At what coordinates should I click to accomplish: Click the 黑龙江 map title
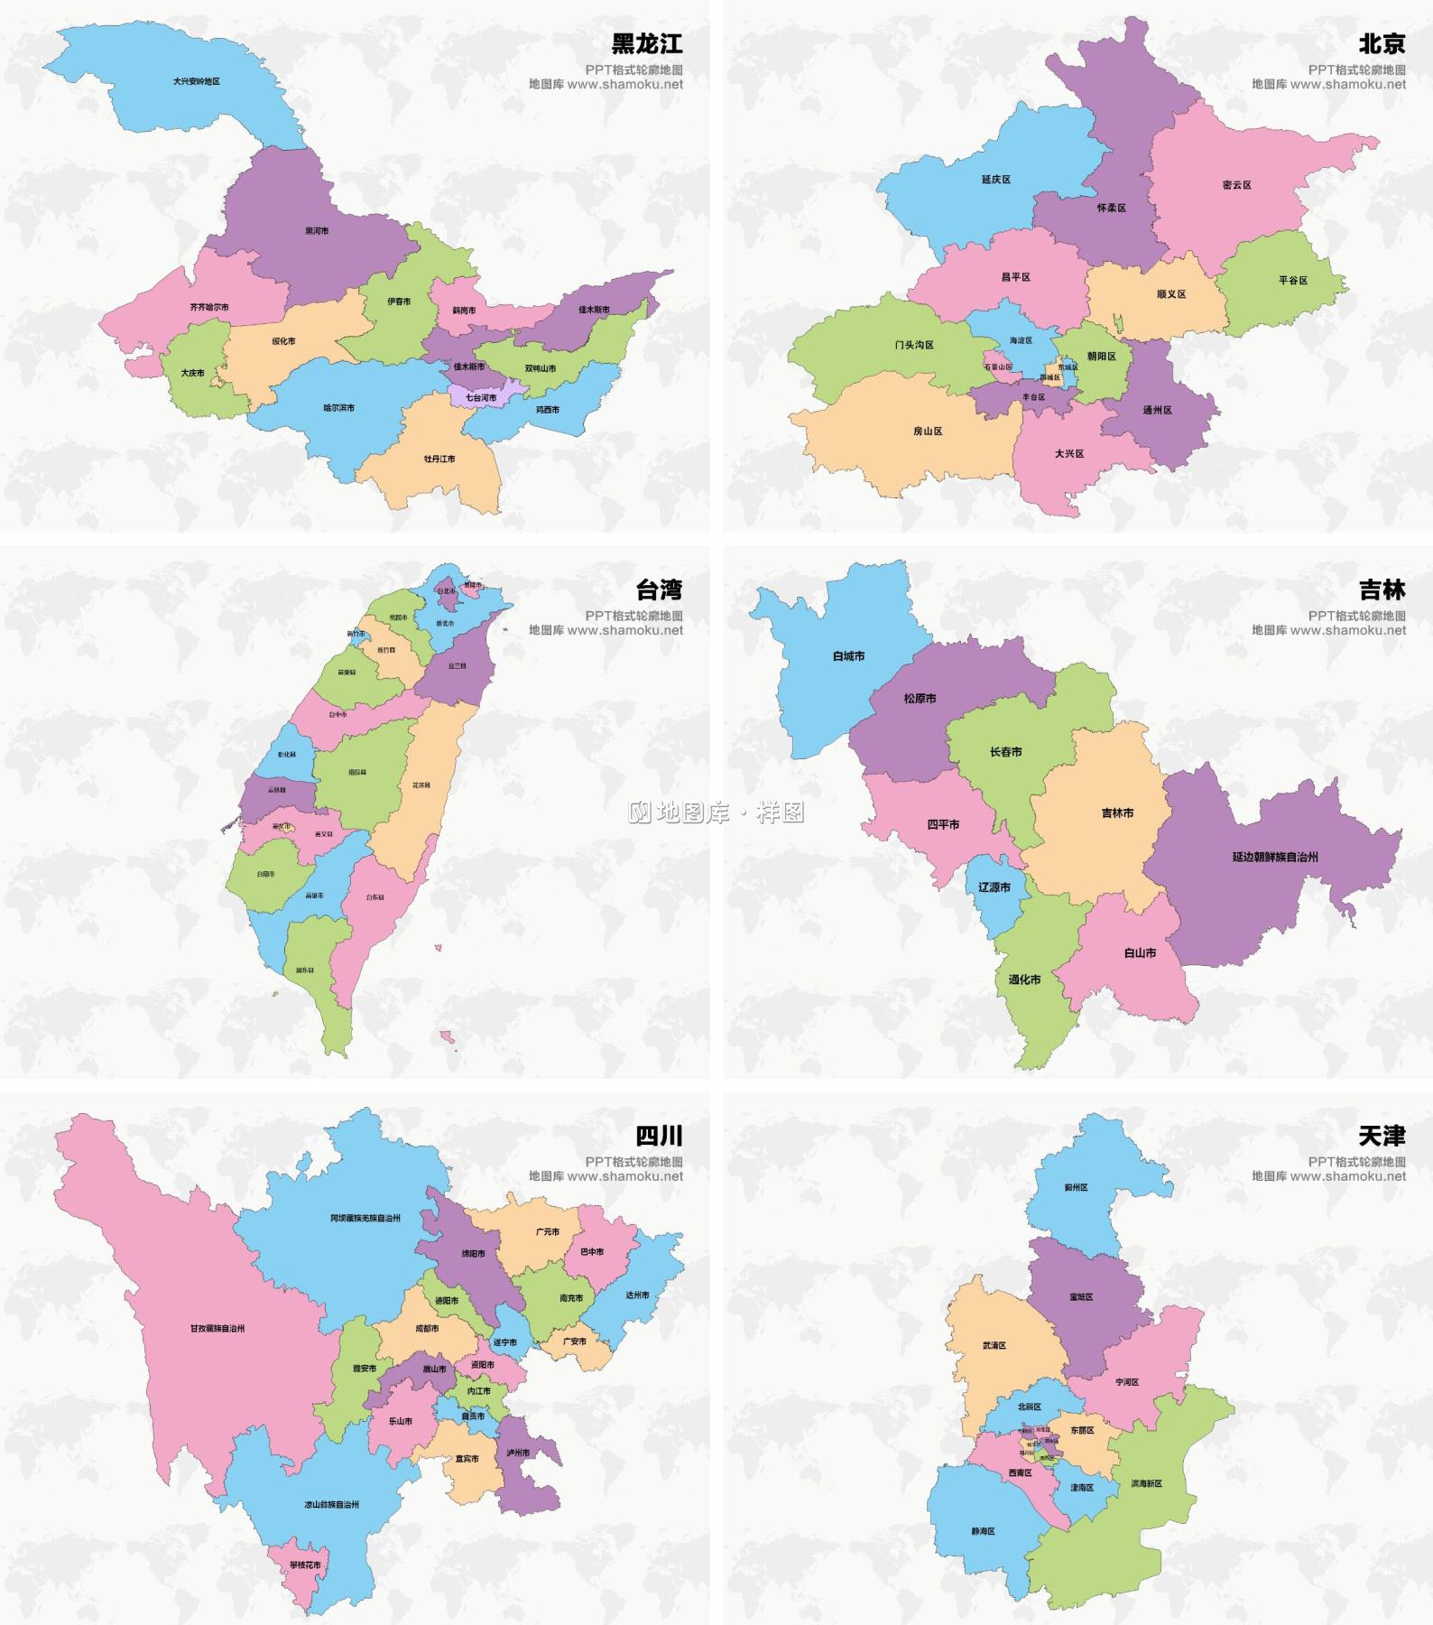pyautogui.click(x=647, y=43)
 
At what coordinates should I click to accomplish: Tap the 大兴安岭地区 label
pyautogui.click(x=197, y=81)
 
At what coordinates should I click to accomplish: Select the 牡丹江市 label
pyautogui.click(x=439, y=459)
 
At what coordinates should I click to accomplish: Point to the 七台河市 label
pyautogui.click(x=481, y=397)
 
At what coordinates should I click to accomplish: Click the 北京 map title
pyautogui.click(x=1382, y=43)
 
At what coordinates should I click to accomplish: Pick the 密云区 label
pyautogui.click(x=1237, y=185)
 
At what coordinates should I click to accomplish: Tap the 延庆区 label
pyautogui.click(x=996, y=180)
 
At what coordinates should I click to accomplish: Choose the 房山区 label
pyautogui.click(x=928, y=432)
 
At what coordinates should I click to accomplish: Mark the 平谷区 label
pyautogui.click(x=1293, y=281)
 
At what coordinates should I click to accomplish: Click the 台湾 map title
pyautogui.click(x=659, y=590)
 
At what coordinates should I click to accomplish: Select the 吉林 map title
pyautogui.click(x=1382, y=590)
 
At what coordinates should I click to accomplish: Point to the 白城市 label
pyautogui.click(x=848, y=656)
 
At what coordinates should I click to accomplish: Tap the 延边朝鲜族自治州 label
pyautogui.click(x=1275, y=856)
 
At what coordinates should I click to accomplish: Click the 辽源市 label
pyautogui.click(x=994, y=887)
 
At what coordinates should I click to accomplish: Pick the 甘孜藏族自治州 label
pyautogui.click(x=217, y=1328)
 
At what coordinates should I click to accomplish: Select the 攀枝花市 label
pyautogui.click(x=305, y=1565)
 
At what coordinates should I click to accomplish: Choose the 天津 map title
pyautogui.click(x=1382, y=1136)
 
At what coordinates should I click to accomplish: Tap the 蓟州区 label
pyautogui.click(x=1077, y=1187)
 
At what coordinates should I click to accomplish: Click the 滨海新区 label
pyautogui.click(x=1146, y=1483)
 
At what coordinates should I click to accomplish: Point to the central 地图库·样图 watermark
pyautogui.click(x=716, y=812)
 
